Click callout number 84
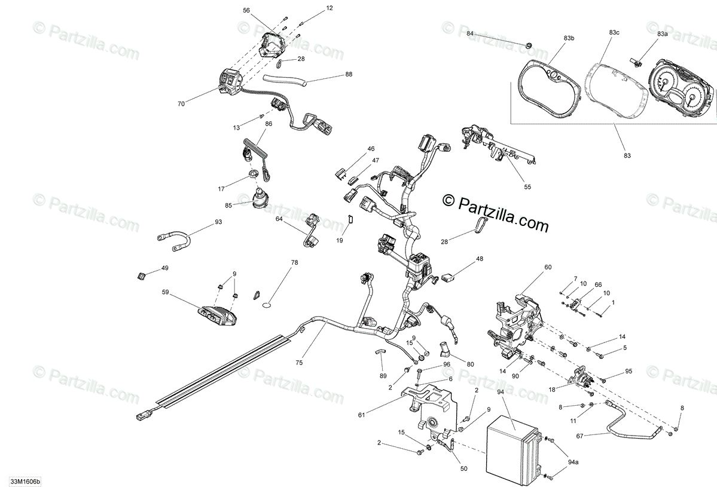470,33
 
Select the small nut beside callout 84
529,45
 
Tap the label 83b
569,38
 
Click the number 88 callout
349,75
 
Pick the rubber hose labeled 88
286,79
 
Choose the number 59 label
166,293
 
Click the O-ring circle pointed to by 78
268,306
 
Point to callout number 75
299,362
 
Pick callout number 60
548,267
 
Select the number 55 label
527,186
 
